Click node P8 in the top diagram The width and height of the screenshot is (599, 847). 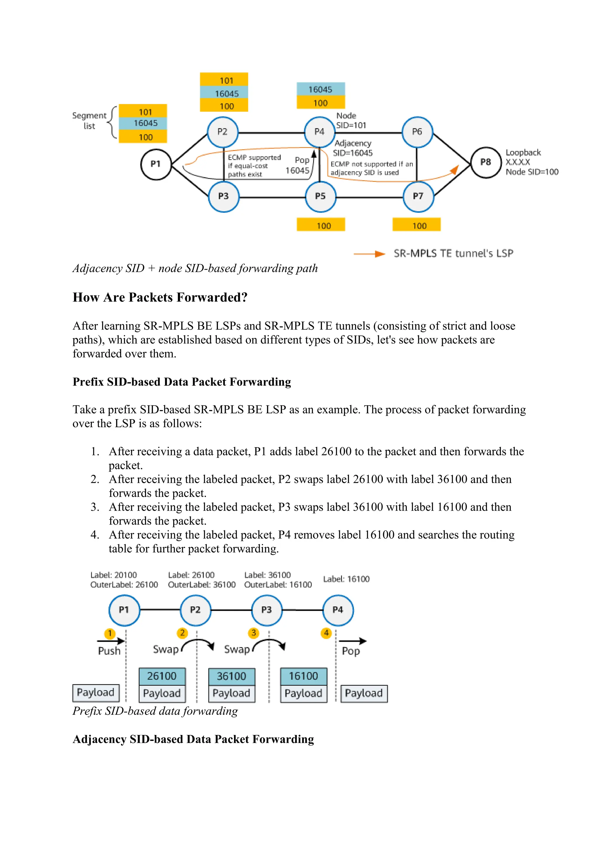tap(486, 163)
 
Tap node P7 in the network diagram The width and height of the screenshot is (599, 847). tap(418, 196)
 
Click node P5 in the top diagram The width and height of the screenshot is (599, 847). tap(320, 196)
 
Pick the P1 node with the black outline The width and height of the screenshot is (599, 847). tap(156, 164)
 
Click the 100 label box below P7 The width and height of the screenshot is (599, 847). tap(416, 225)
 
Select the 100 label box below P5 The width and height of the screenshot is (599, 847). tap(321, 225)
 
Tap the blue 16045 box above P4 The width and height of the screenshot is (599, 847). tap(321, 89)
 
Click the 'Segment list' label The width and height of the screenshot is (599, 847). tap(89, 120)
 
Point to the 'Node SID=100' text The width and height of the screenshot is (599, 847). tap(532, 172)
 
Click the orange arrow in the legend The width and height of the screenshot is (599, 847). tap(369, 254)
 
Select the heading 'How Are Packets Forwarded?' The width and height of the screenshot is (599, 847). tap(160, 297)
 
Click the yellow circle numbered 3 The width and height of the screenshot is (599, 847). tap(253, 633)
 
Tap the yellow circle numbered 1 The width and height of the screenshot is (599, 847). tap(110, 633)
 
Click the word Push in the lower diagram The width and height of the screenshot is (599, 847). tap(109, 651)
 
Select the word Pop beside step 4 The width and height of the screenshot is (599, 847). tap(350, 651)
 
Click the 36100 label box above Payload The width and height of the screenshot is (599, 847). tap(231, 676)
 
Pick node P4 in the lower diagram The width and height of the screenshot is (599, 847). tap(338, 610)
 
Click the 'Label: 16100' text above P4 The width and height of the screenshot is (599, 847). tap(346, 579)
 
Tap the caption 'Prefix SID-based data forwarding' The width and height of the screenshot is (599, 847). tap(155, 711)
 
